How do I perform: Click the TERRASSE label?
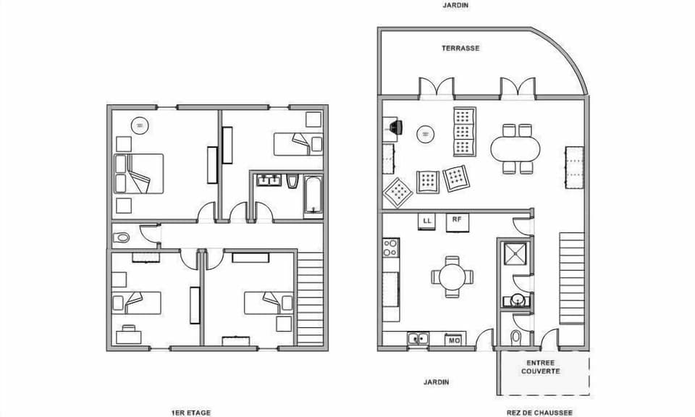pos(461,49)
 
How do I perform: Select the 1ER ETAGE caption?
pos(191,413)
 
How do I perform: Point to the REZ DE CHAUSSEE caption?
pos(539,413)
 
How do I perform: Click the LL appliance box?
pos(426,219)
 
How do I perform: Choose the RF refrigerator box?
pos(456,220)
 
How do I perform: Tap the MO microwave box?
pos(454,340)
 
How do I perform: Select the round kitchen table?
pos(452,276)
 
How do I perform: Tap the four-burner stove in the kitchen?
pos(391,248)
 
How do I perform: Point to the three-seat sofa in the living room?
pos(464,132)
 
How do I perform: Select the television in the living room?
pos(394,127)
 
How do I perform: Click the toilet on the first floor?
pos(122,237)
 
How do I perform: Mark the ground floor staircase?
pos(571,277)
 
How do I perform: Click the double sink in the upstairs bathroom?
pos(269,180)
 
